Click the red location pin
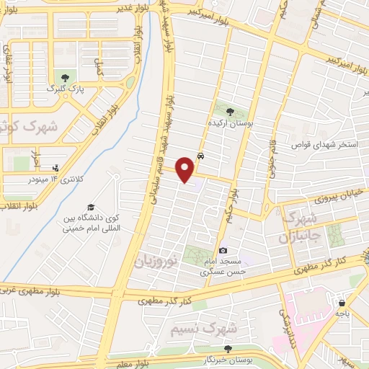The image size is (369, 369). click(185, 169)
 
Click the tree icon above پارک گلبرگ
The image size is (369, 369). click(66, 76)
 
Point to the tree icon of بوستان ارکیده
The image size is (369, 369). click(230, 112)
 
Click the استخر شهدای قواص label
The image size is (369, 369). click(324, 145)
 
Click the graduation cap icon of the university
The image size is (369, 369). click(91, 208)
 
